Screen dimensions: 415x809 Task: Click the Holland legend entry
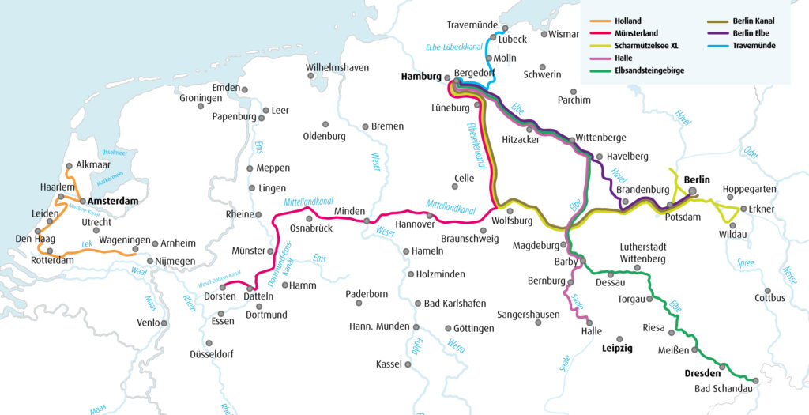click(x=628, y=21)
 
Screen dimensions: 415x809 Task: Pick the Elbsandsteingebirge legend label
click(x=651, y=70)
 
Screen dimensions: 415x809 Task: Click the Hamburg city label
click(x=420, y=77)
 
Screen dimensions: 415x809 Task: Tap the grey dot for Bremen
click(x=365, y=126)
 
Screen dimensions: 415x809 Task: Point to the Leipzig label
click(x=617, y=348)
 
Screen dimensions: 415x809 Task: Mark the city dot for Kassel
click(x=408, y=364)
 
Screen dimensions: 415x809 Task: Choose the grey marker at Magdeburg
click(x=565, y=245)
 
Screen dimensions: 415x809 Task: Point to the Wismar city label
click(x=564, y=34)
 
